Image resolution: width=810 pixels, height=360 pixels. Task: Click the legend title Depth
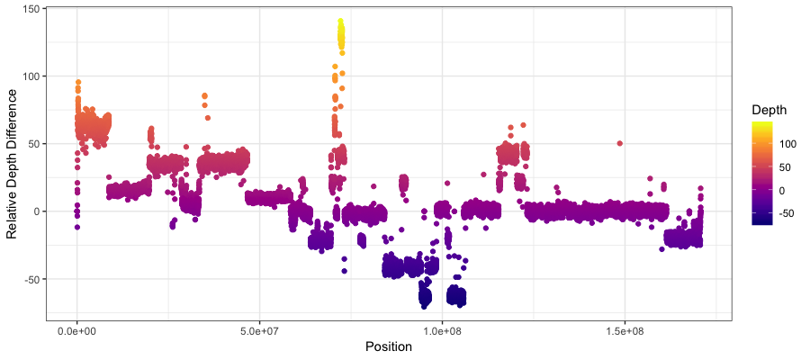click(x=770, y=110)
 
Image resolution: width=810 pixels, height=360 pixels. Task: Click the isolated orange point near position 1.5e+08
click(x=619, y=143)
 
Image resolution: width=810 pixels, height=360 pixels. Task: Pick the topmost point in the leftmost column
click(x=78, y=82)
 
